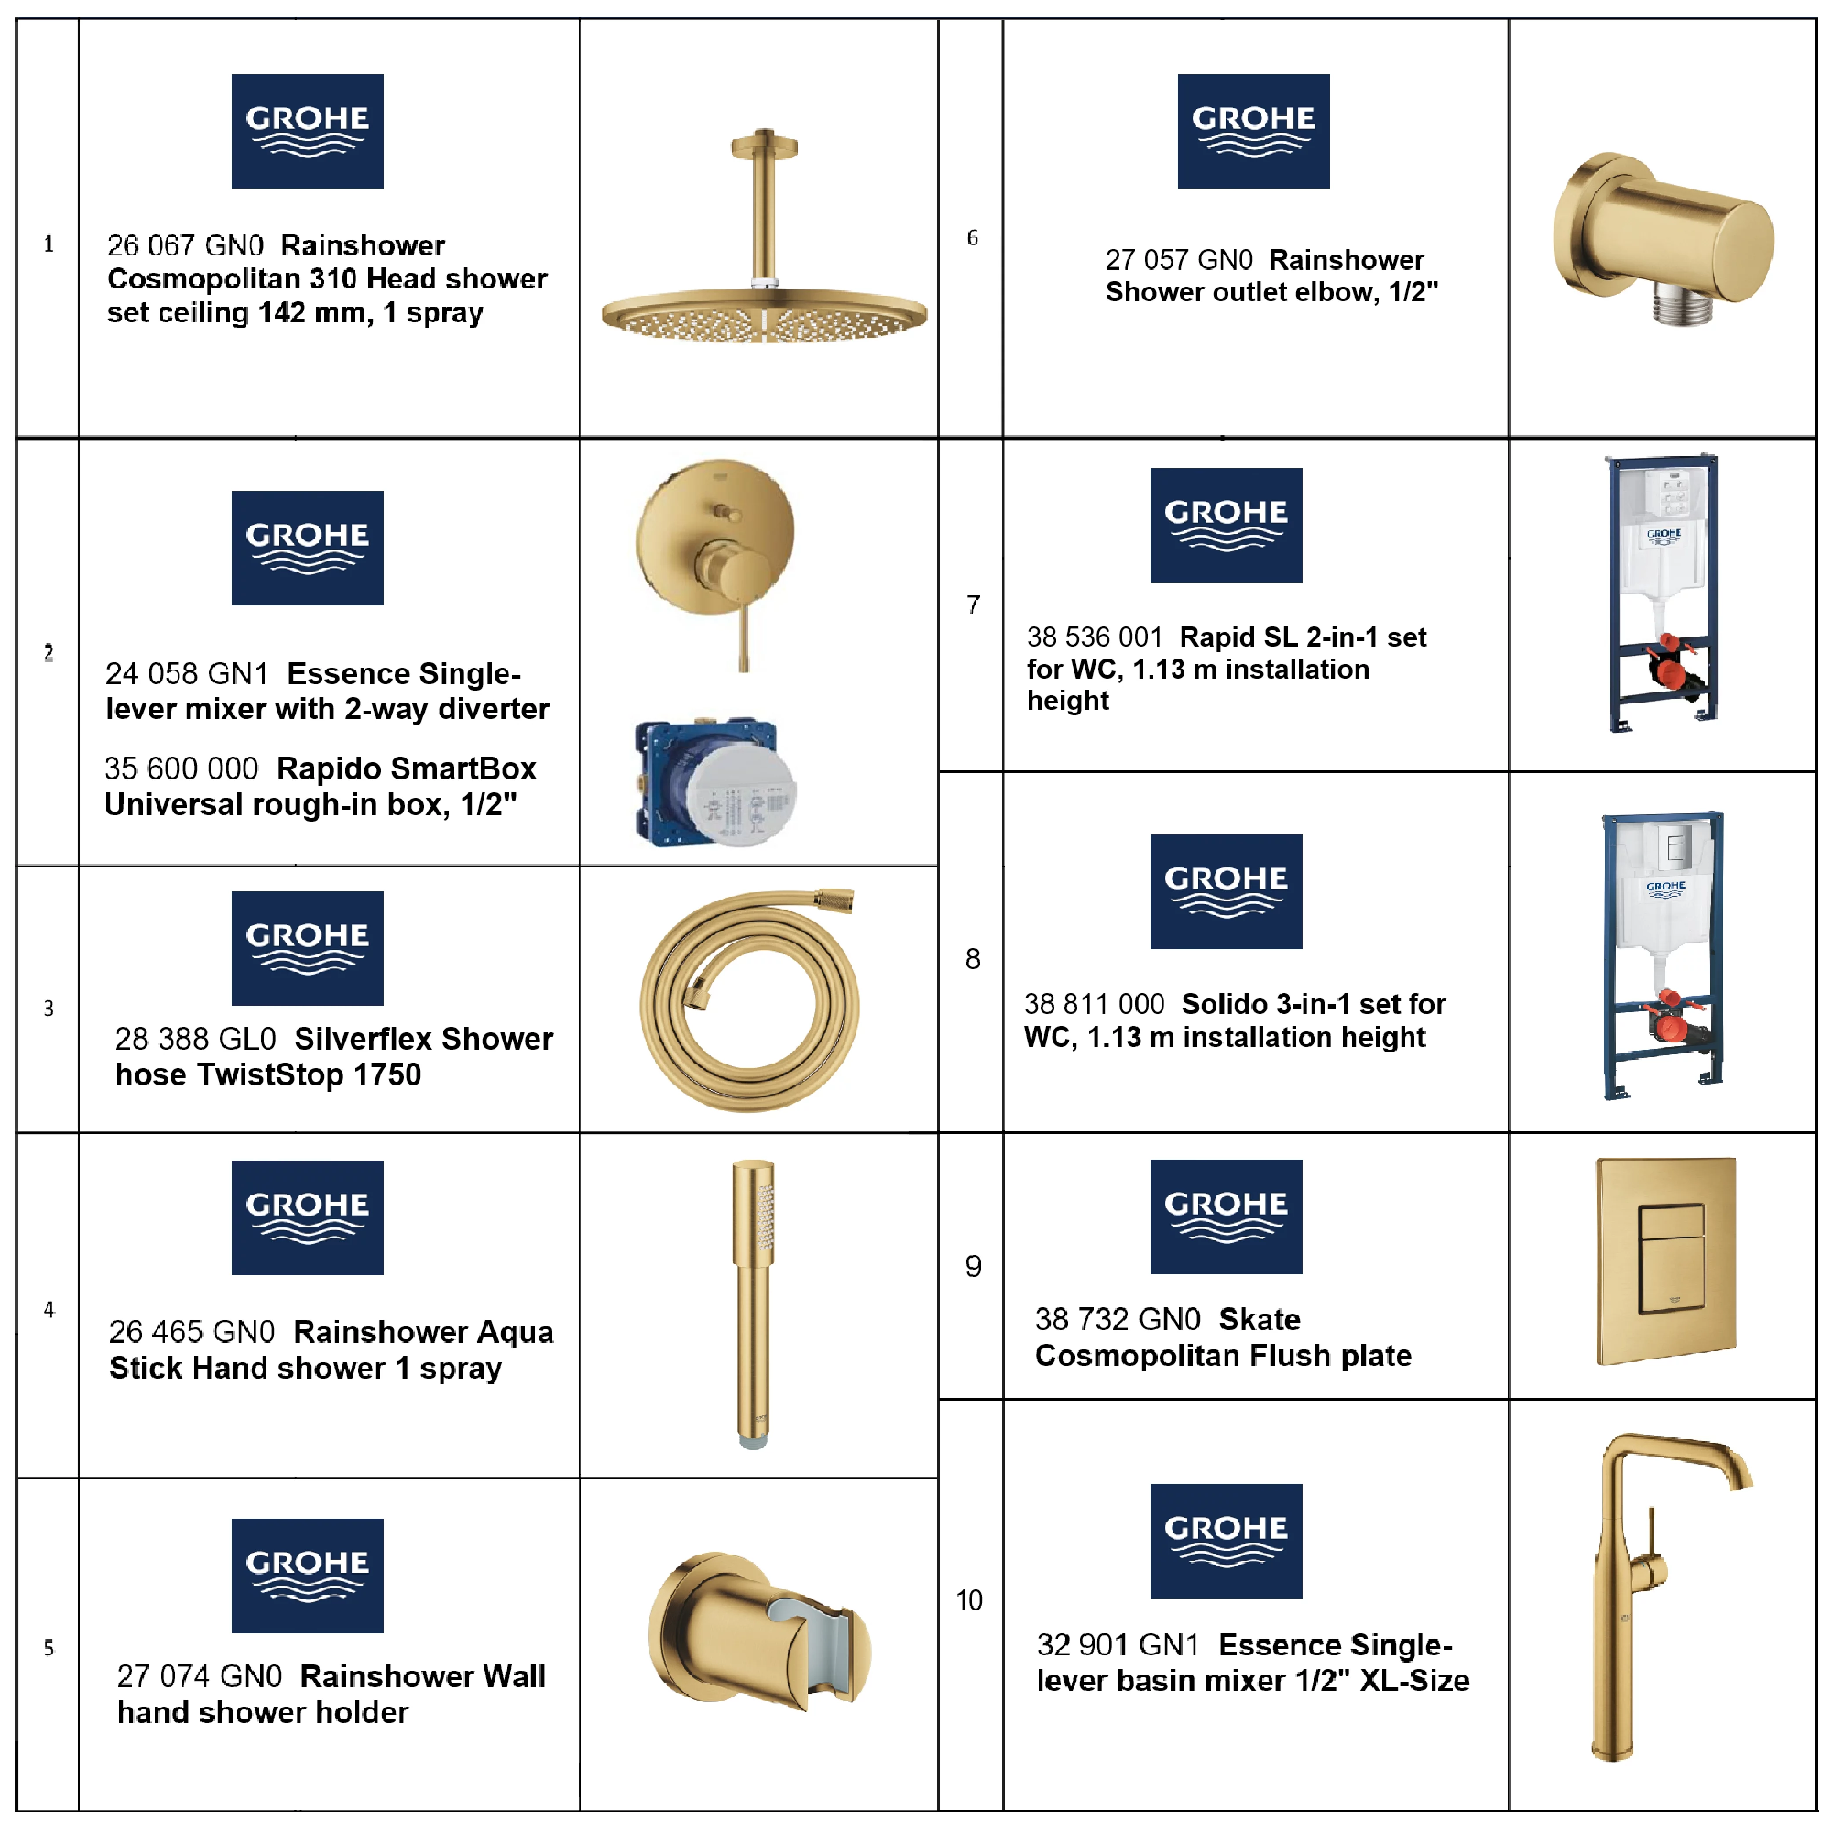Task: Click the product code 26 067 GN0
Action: (x=185, y=246)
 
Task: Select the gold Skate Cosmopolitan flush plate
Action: (x=1666, y=1261)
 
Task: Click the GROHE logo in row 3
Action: (x=307, y=948)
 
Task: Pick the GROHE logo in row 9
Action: (x=1226, y=1216)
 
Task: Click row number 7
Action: (x=973, y=605)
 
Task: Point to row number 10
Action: (x=969, y=1601)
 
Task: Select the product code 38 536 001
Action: (x=1094, y=637)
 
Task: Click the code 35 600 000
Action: (x=181, y=768)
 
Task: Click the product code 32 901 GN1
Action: (x=1118, y=1644)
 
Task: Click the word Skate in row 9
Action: (x=1259, y=1319)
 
